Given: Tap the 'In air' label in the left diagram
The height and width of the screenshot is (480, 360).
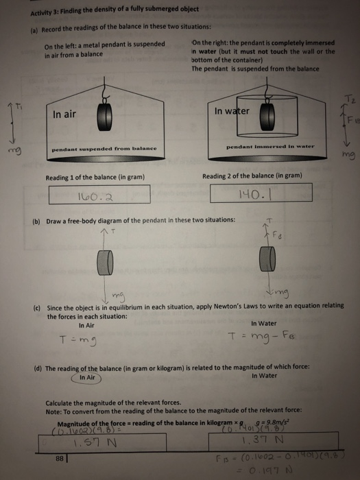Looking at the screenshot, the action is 64,115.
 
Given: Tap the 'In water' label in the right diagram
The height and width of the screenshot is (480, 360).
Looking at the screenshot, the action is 231,111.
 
